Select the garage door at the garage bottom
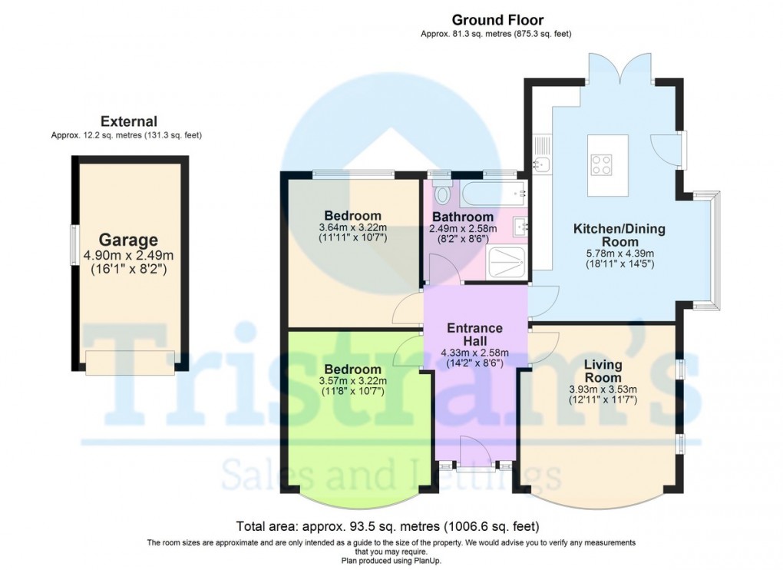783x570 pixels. tap(130, 363)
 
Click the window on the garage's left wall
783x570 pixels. tap(74, 244)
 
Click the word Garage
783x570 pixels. tap(128, 240)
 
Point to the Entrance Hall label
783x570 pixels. tap(475, 334)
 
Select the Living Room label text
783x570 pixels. tap(603, 371)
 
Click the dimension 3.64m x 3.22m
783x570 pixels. tap(352, 227)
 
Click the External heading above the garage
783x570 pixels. tap(128, 121)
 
